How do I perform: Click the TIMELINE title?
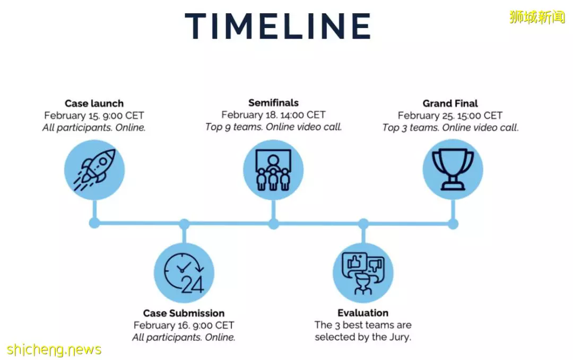[x=277, y=26]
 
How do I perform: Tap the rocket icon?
[x=94, y=170]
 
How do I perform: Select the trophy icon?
[x=453, y=170]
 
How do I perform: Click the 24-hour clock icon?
[x=184, y=273]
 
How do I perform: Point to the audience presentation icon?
[x=273, y=170]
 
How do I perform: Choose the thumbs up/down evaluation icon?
[x=363, y=273]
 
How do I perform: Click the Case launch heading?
[x=94, y=103]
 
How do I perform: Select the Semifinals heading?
[x=273, y=103]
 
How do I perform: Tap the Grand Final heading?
[x=450, y=103]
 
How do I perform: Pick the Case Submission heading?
[x=184, y=313]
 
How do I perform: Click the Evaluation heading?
[x=363, y=312]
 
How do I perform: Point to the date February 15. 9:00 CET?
[x=94, y=116]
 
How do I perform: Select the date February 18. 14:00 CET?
[x=273, y=115]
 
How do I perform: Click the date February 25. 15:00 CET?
[x=450, y=116]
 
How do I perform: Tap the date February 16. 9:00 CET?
[x=184, y=325]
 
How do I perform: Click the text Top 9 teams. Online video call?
[x=273, y=127]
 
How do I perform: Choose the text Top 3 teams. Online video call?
[x=450, y=127]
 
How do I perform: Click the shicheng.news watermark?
[x=54, y=349]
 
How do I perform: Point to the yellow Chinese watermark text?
[x=537, y=17]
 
